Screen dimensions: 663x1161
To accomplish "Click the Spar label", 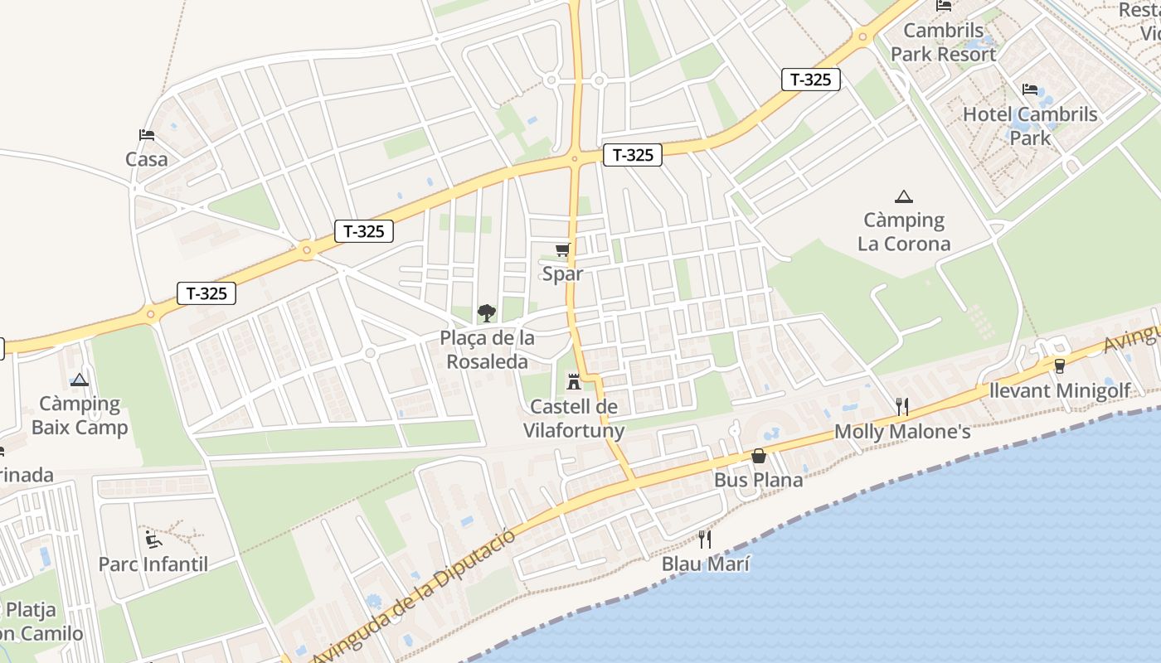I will [562, 273].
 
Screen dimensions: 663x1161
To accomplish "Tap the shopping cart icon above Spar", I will [563, 249].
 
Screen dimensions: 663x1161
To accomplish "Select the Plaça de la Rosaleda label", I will [488, 350].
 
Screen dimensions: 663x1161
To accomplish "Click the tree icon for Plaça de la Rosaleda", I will [487, 313].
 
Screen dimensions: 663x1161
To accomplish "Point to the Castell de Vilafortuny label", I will [574, 419].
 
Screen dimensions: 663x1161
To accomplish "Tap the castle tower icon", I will [573, 383].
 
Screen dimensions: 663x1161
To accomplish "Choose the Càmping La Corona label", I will [904, 232].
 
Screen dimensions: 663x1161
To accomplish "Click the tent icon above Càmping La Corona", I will [904, 196].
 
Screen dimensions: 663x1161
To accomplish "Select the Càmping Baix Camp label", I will [80, 416].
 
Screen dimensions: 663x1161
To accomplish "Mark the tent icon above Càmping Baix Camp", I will [80, 380].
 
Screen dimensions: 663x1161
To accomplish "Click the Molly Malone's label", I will [902, 432].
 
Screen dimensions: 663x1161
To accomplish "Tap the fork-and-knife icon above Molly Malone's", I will [902, 406].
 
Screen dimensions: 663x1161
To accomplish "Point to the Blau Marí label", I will [706, 564].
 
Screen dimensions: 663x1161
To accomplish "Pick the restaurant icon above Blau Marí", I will [705, 540].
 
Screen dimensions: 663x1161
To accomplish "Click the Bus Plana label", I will [759, 480].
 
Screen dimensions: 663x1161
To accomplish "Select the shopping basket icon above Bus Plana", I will [758, 456].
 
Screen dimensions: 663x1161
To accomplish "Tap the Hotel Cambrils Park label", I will [1030, 126].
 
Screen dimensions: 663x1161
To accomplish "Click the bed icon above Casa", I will [147, 134].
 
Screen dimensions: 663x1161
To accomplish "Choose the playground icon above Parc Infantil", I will [153, 540].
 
